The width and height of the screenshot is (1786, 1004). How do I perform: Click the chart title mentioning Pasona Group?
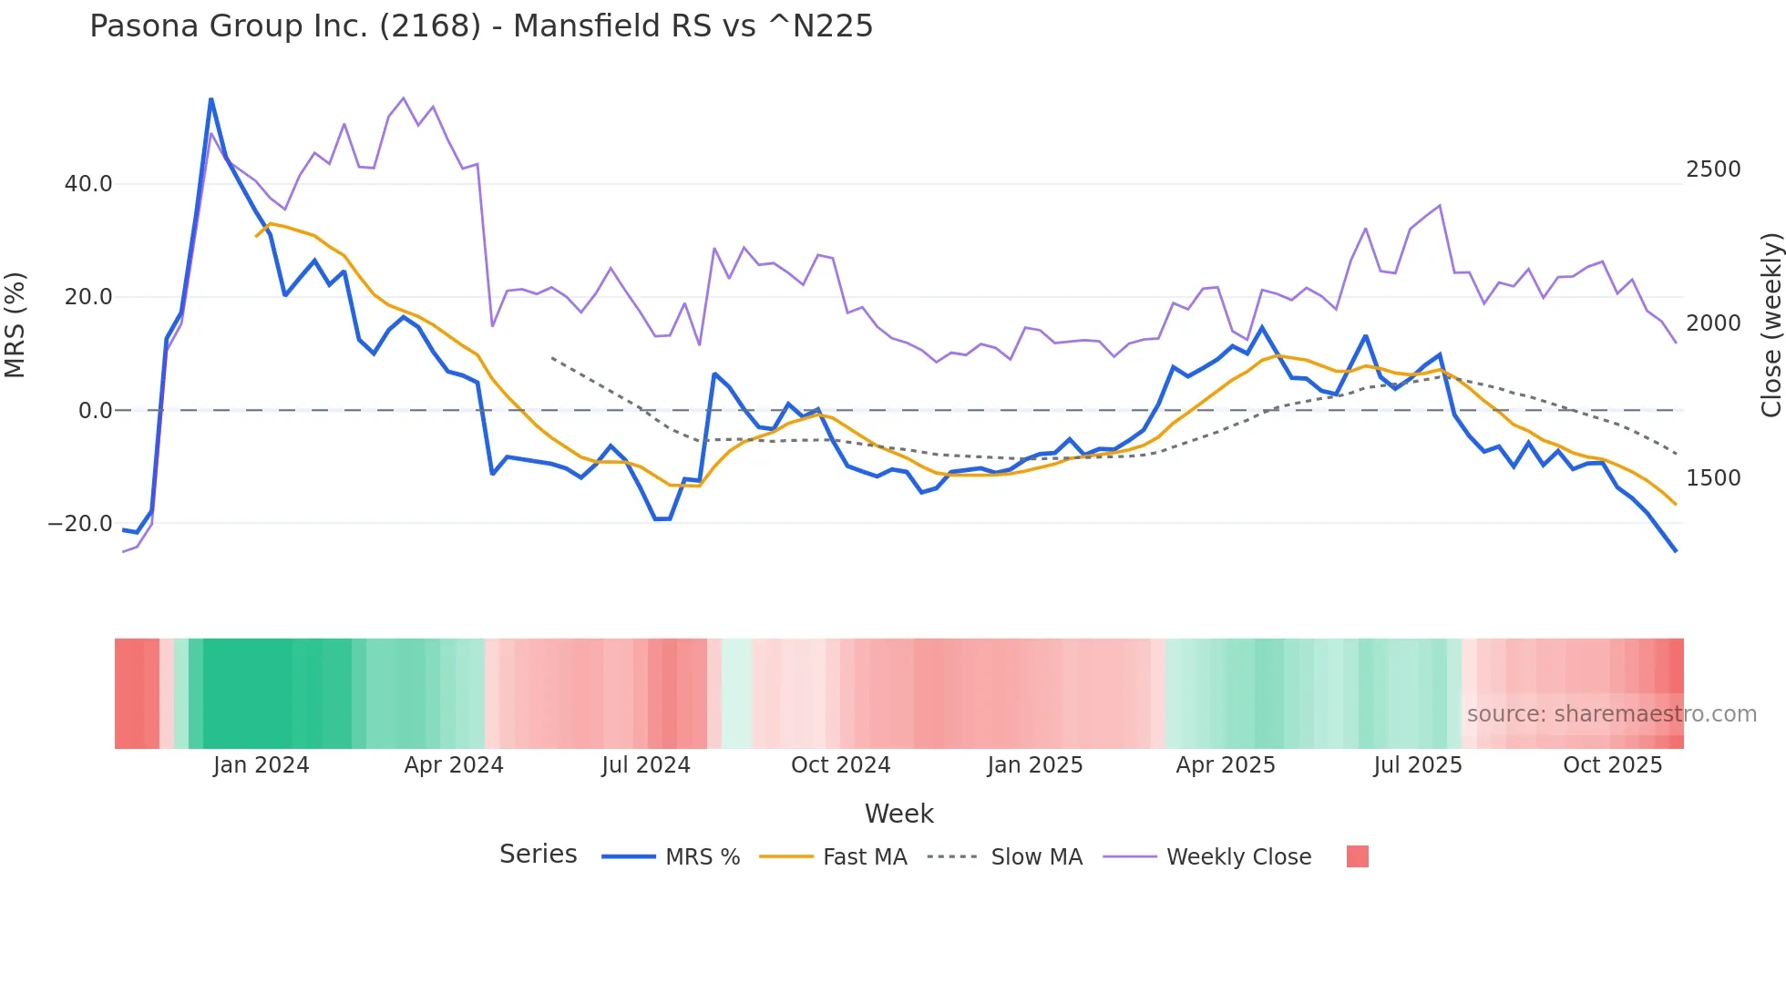(x=481, y=26)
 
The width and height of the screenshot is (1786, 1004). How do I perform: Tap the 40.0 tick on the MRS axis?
(x=88, y=184)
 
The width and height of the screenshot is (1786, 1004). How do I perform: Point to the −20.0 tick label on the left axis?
(x=80, y=524)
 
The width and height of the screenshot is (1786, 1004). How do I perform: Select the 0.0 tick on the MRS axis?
(x=96, y=411)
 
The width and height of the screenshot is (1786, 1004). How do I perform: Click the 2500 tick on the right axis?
(x=1713, y=169)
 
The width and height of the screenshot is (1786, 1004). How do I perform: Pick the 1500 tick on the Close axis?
(x=1713, y=478)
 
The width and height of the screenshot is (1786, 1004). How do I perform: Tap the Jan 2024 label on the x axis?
(x=262, y=765)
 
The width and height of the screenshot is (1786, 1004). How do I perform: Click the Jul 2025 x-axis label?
(x=1418, y=765)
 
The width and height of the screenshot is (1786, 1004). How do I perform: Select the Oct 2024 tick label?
(x=840, y=765)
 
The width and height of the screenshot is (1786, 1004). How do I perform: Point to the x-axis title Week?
(x=898, y=814)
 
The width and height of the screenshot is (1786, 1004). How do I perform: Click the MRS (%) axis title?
(x=15, y=325)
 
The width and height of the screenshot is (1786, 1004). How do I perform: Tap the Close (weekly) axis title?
(x=1771, y=325)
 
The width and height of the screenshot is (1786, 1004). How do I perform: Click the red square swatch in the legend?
(x=1357, y=856)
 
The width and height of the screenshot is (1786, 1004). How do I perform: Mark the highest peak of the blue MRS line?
(x=210, y=99)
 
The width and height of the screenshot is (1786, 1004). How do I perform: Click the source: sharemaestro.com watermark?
(x=1611, y=714)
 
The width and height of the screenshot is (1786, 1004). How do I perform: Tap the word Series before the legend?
(x=538, y=855)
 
